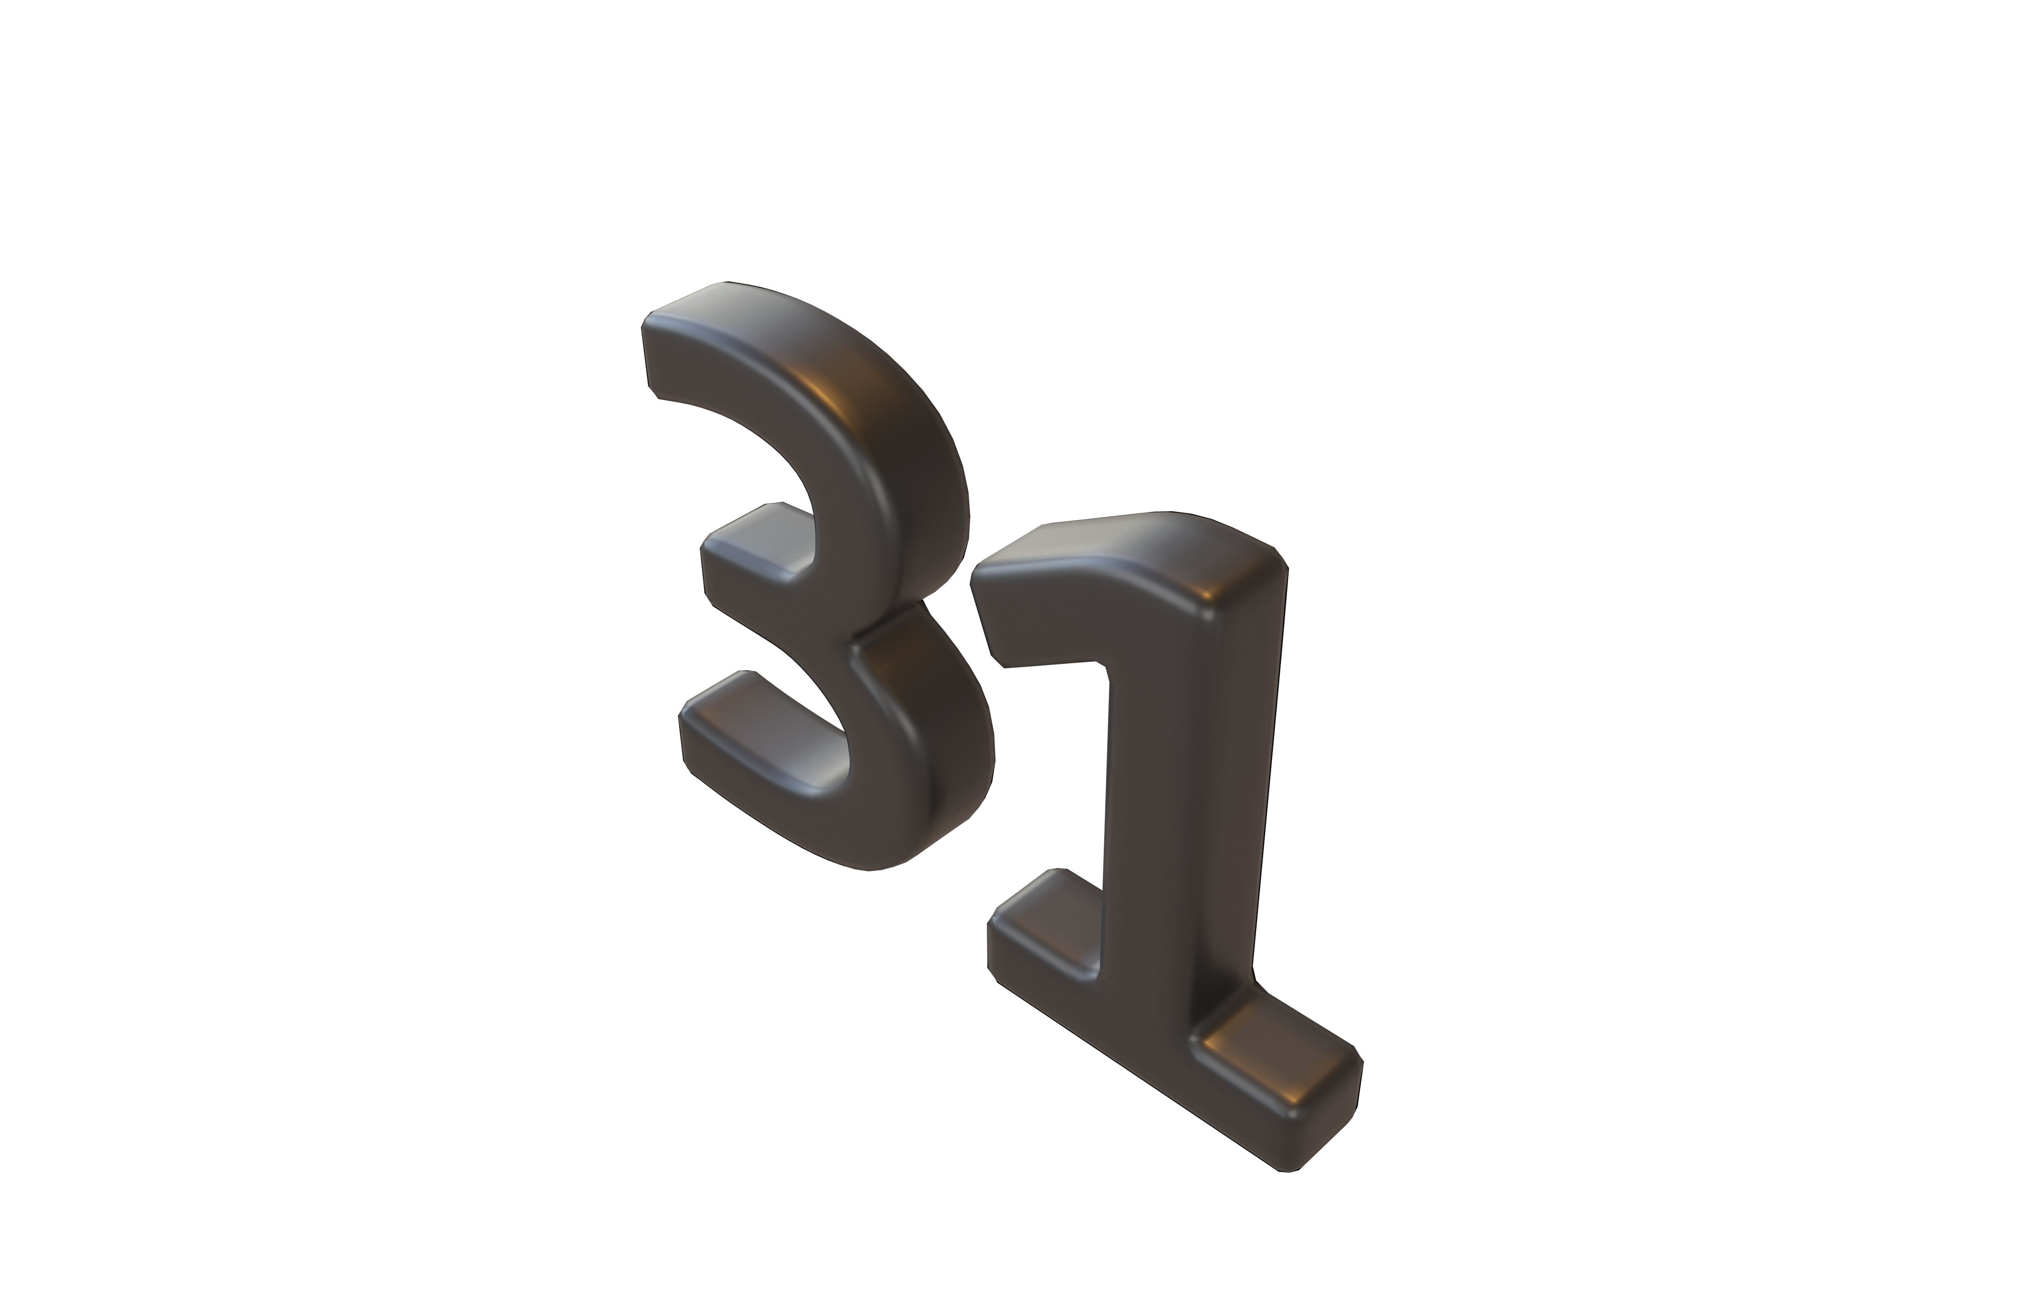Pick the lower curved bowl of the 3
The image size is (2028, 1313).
(929, 750)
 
